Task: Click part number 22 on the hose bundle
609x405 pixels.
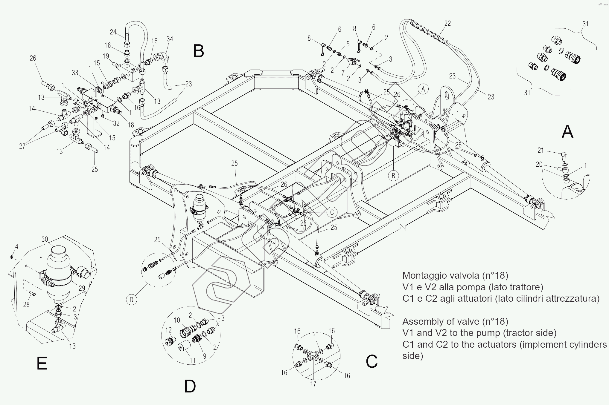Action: pos(447,23)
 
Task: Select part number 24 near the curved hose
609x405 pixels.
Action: pos(113,32)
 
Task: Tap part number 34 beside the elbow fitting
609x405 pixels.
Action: pos(170,39)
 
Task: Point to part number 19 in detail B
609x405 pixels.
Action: pos(106,56)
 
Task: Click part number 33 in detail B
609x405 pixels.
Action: pos(75,73)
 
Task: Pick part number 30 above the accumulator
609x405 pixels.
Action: pos(45,239)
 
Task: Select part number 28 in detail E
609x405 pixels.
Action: pos(26,305)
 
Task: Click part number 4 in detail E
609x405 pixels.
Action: pos(17,247)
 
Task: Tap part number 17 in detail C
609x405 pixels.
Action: pos(313,383)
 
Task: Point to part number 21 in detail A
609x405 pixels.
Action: pos(541,150)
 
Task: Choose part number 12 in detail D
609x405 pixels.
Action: pos(169,330)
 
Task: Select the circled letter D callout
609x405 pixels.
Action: pos(132,299)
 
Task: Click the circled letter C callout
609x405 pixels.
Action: pos(332,212)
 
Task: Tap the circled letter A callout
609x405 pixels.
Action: pos(423,89)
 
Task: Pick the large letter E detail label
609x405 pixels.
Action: pos(42,364)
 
